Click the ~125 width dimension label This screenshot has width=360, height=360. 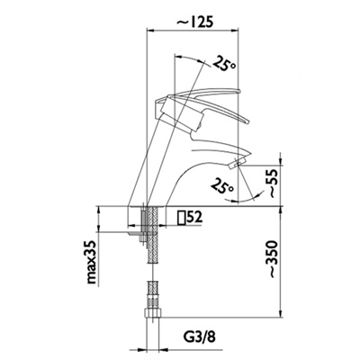click(x=194, y=22)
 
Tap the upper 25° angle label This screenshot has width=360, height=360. click(x=225, y=63)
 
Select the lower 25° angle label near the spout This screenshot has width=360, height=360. click(x=222, y=185)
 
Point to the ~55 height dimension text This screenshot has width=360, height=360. click(x=274, y=183)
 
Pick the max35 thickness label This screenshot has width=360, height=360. click(x=93, y=262)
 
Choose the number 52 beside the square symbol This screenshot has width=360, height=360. click(x=194, y=217)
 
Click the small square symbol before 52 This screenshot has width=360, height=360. click(x=181, y=218)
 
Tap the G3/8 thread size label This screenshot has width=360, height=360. click(x=199, y=337)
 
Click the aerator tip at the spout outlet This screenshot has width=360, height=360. click(x=237, y=164)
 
